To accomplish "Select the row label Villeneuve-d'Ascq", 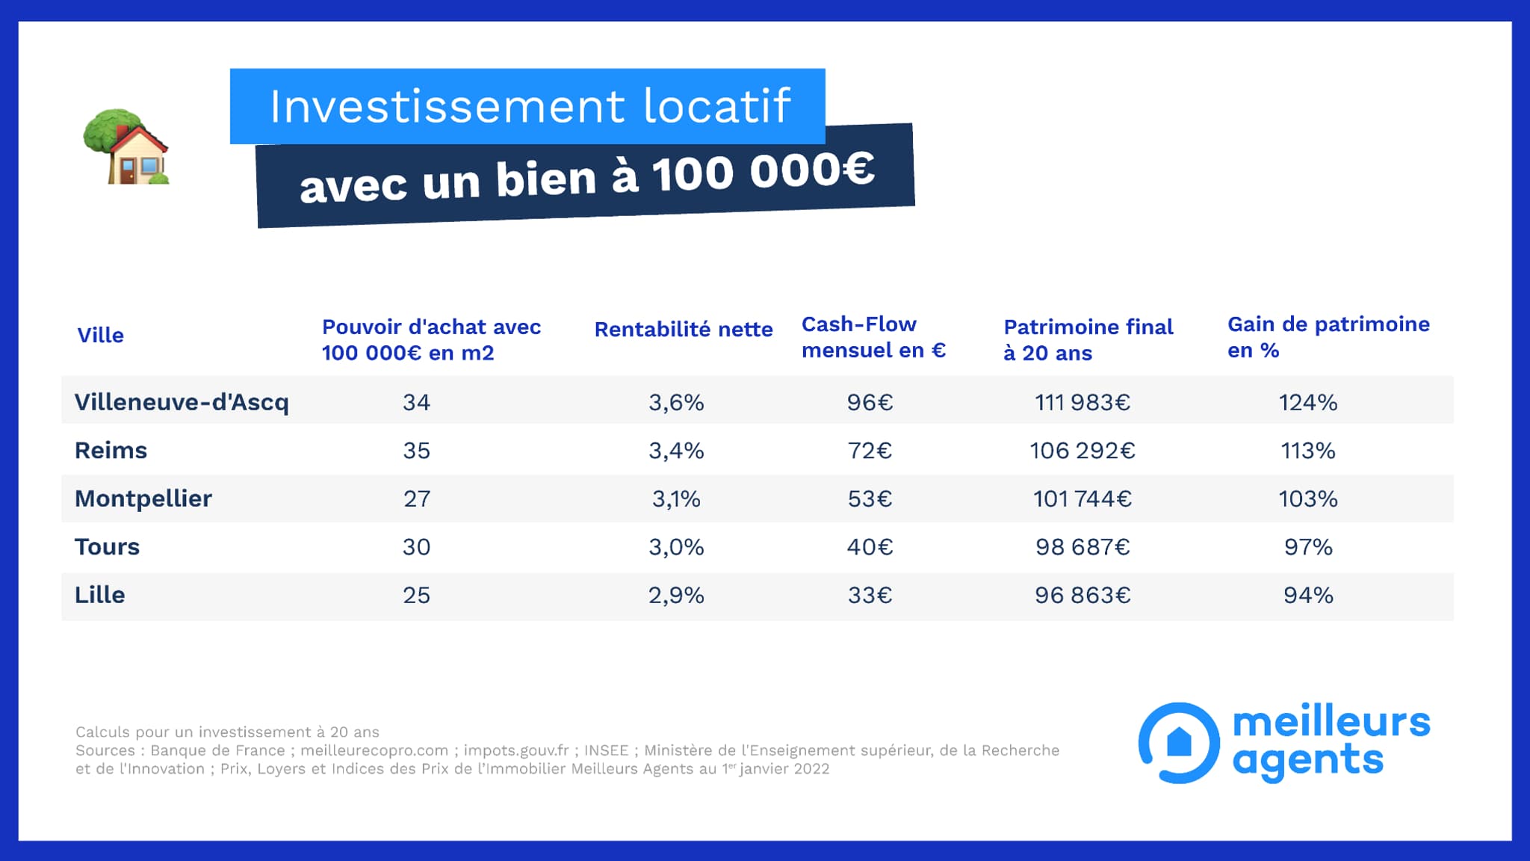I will pos(182,402).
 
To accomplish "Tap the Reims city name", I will pos(111,450).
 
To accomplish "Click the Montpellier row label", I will pos(143,499).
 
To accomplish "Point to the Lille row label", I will pos(99,595).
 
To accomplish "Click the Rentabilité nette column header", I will pos(683,330).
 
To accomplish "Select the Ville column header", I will pos(100,335).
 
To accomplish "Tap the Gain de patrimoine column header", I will pos(1328,337).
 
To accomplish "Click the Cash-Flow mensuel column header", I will pos(873,337).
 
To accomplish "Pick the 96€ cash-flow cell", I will pos(870,402).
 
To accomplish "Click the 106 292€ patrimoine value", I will pos(1082,451).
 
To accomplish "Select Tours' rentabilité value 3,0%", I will pos(676,547).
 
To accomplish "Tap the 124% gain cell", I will pos(1307,402).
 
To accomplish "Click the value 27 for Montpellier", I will pos(416,499).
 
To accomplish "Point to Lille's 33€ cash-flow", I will pos(870,595).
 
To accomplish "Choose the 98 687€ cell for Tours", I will pos(1082,547).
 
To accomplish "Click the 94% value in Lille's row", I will pos(1307,595).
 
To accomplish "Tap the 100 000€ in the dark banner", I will pos(763,171).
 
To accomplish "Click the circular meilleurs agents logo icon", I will pos(1179,742).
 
